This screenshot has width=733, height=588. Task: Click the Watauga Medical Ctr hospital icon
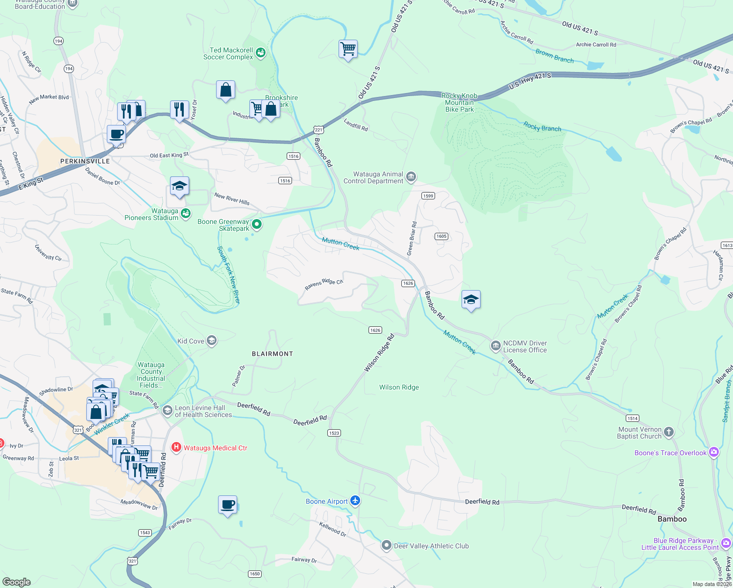pyautogui.click(x=176, y=447)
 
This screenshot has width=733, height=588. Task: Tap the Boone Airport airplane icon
pyautogui.click(x=355, y=501)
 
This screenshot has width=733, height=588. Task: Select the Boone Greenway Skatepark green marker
pyautogui.click(x=257, y=225)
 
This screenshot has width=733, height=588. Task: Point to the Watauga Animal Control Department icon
pyautogui.click(x=411, y=177)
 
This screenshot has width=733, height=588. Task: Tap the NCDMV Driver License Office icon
pyautogui.click(x=495, y=346)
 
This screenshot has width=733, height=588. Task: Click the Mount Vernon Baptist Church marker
pyautogui.click(x=669, y=433)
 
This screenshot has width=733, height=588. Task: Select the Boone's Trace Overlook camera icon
pyautogui.click(x=714, y=452)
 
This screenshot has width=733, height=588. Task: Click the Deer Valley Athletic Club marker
pyautogui.click(x=387, y=545)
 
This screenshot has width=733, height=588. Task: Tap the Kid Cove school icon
pyautogui.click(x=212, y=341)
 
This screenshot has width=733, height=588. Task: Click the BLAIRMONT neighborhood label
pyautogui.click(x=272, y=354)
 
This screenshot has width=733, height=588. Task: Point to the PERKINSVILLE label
pyautogui.click(x=85, y=161)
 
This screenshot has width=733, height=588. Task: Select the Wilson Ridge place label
pyautogui.click(x=399, y=387)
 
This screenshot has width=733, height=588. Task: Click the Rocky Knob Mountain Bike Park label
pyautogui.click(x=459, y=102)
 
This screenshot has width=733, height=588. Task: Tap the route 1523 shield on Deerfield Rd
pyautogui.click(x=334, y=433)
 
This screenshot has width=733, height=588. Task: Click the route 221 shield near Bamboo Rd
pyautogui.click(x=318, y=130)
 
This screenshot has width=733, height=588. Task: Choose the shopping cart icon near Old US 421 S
pyautogui.click(x=348, y=49)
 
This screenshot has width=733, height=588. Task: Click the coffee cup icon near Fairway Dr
pyautogui.click(x=227, y=505)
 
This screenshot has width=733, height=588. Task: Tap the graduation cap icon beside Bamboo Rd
pyautogui.click(x=470, y=299)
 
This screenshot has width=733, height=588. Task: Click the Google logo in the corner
pyautogui.click(x=17, y=582)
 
